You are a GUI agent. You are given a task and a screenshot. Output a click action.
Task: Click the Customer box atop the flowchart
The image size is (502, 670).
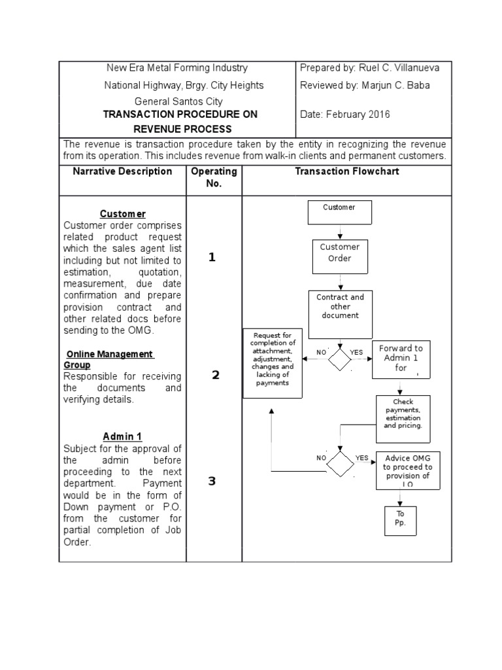point(339,212)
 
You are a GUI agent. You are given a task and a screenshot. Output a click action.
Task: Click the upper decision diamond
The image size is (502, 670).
point(340,359)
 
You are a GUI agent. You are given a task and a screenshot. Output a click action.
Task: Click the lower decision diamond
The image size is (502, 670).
point(339,464)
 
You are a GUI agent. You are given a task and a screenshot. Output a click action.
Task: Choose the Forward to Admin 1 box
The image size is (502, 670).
point(401,359)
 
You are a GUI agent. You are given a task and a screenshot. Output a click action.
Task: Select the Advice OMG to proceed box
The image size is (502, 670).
point(408,470)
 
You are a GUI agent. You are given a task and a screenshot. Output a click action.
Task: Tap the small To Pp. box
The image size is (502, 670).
point(400,520)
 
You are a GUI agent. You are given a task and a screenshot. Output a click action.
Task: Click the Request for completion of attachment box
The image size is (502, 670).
point(273,363)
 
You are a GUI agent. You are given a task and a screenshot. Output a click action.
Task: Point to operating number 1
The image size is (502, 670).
point(212,257)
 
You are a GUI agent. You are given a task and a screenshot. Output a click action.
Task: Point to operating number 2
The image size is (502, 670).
point(215,375)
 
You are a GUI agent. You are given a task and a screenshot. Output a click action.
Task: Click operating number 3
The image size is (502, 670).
point(212,481)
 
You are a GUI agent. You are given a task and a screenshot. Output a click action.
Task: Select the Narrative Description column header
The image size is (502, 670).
point(122,171)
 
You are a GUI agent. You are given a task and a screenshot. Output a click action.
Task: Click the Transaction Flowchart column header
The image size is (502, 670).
point(346,171)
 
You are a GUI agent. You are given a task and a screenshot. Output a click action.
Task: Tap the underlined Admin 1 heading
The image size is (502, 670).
point(122,436)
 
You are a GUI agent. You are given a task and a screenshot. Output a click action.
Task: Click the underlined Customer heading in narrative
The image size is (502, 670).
point(122,214)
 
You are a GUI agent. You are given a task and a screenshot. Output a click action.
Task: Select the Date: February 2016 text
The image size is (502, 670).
point(344,115)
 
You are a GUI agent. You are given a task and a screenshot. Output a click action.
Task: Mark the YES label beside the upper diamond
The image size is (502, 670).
point(356,353)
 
